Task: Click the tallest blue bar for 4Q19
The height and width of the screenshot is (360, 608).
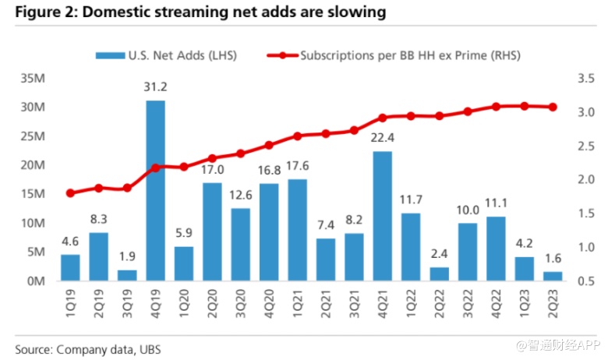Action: (x=155, y=191)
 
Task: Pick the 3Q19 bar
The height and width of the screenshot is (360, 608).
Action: (x=127, y=275)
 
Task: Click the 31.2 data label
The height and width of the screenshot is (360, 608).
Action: (x=155, y=87)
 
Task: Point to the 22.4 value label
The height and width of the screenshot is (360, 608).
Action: (x=382, y=139)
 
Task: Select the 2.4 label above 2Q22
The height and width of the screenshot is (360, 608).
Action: (x=438, y=254)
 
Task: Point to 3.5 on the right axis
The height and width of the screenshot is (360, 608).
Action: (x=583, y=79)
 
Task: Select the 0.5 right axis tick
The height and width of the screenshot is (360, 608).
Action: (x=583, y=281)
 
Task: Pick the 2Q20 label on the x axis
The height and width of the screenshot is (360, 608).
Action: (x=213, y=301)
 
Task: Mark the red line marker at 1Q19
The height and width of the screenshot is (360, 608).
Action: (x=70, y=193)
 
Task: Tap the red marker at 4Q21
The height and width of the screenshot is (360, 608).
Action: (x=382, y=118)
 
